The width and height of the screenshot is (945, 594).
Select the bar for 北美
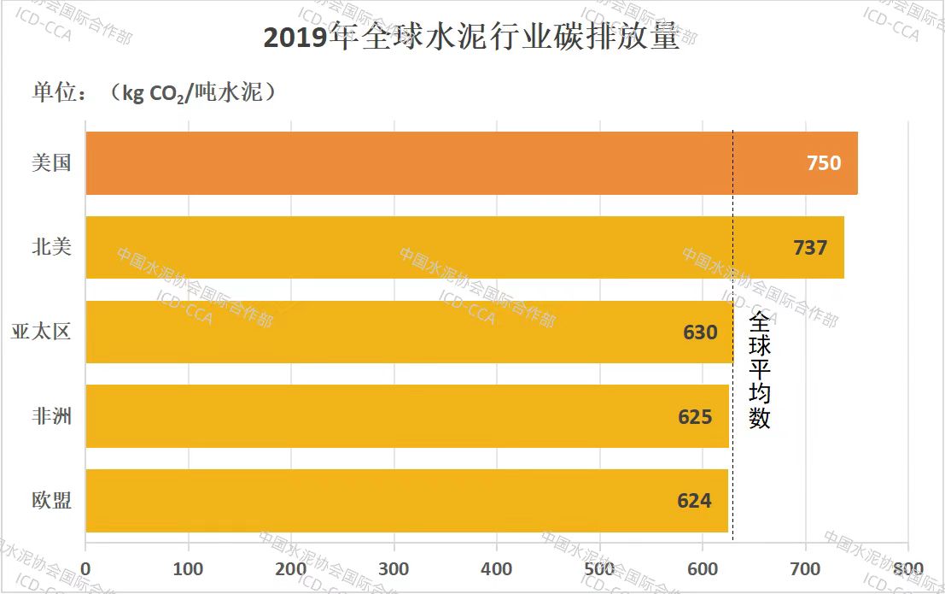(x=465, y=247)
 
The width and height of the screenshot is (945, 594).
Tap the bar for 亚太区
(x=409, y=332)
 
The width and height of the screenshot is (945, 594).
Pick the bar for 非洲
(x=407, y=416)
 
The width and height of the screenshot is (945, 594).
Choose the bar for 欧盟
(x=406, y=501)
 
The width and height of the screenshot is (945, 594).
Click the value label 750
(x=824, y=163)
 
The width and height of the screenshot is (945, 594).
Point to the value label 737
(x=810, y=247)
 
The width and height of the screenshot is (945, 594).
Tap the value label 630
(x=700, y=332)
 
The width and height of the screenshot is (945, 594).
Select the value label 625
(x=695, y=416)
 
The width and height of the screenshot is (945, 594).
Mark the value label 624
(x=694, y=501)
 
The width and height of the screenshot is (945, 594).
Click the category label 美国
(x=51, y=162)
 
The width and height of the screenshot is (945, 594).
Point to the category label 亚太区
(x=40, y=332)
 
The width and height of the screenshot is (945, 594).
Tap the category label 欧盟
(x=51, y=501)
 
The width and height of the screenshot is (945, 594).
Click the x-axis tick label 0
(x=85, y=568)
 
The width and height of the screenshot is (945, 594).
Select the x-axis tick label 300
(x=394, y=568)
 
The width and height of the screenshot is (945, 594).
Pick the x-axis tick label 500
(x=599, y=568)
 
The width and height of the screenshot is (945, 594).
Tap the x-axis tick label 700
(x=805, y=568)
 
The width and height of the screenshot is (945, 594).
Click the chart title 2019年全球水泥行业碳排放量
(x=471, y=38)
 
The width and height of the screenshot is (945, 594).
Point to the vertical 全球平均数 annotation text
(x=760, y=370)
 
